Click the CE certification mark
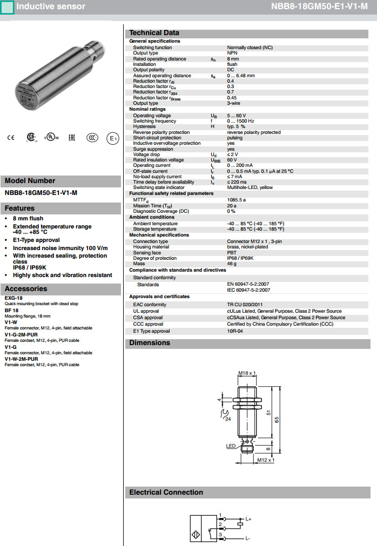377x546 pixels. [x=11, y=138]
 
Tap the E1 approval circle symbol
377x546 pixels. [x=112, y=138]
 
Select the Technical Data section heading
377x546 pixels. [x=154, y=33]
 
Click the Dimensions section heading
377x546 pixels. [x=150, y=343]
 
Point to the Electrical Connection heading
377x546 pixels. [x=166, y=492]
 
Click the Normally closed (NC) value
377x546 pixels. [x=250, y=48]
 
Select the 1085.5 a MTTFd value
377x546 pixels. [x=236, y=200]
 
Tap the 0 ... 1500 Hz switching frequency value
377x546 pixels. [x=241, y=121]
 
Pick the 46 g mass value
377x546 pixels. [x=232, y=264]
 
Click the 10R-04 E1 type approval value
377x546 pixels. [x=235, y=331]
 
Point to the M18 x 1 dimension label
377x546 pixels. [x=247, y=373]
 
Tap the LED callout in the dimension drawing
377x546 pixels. [x=231, y=446]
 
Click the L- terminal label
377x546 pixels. [x=247, y=538]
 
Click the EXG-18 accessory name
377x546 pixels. [x=14, y=298]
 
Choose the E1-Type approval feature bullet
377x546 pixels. [x=36, y=240]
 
